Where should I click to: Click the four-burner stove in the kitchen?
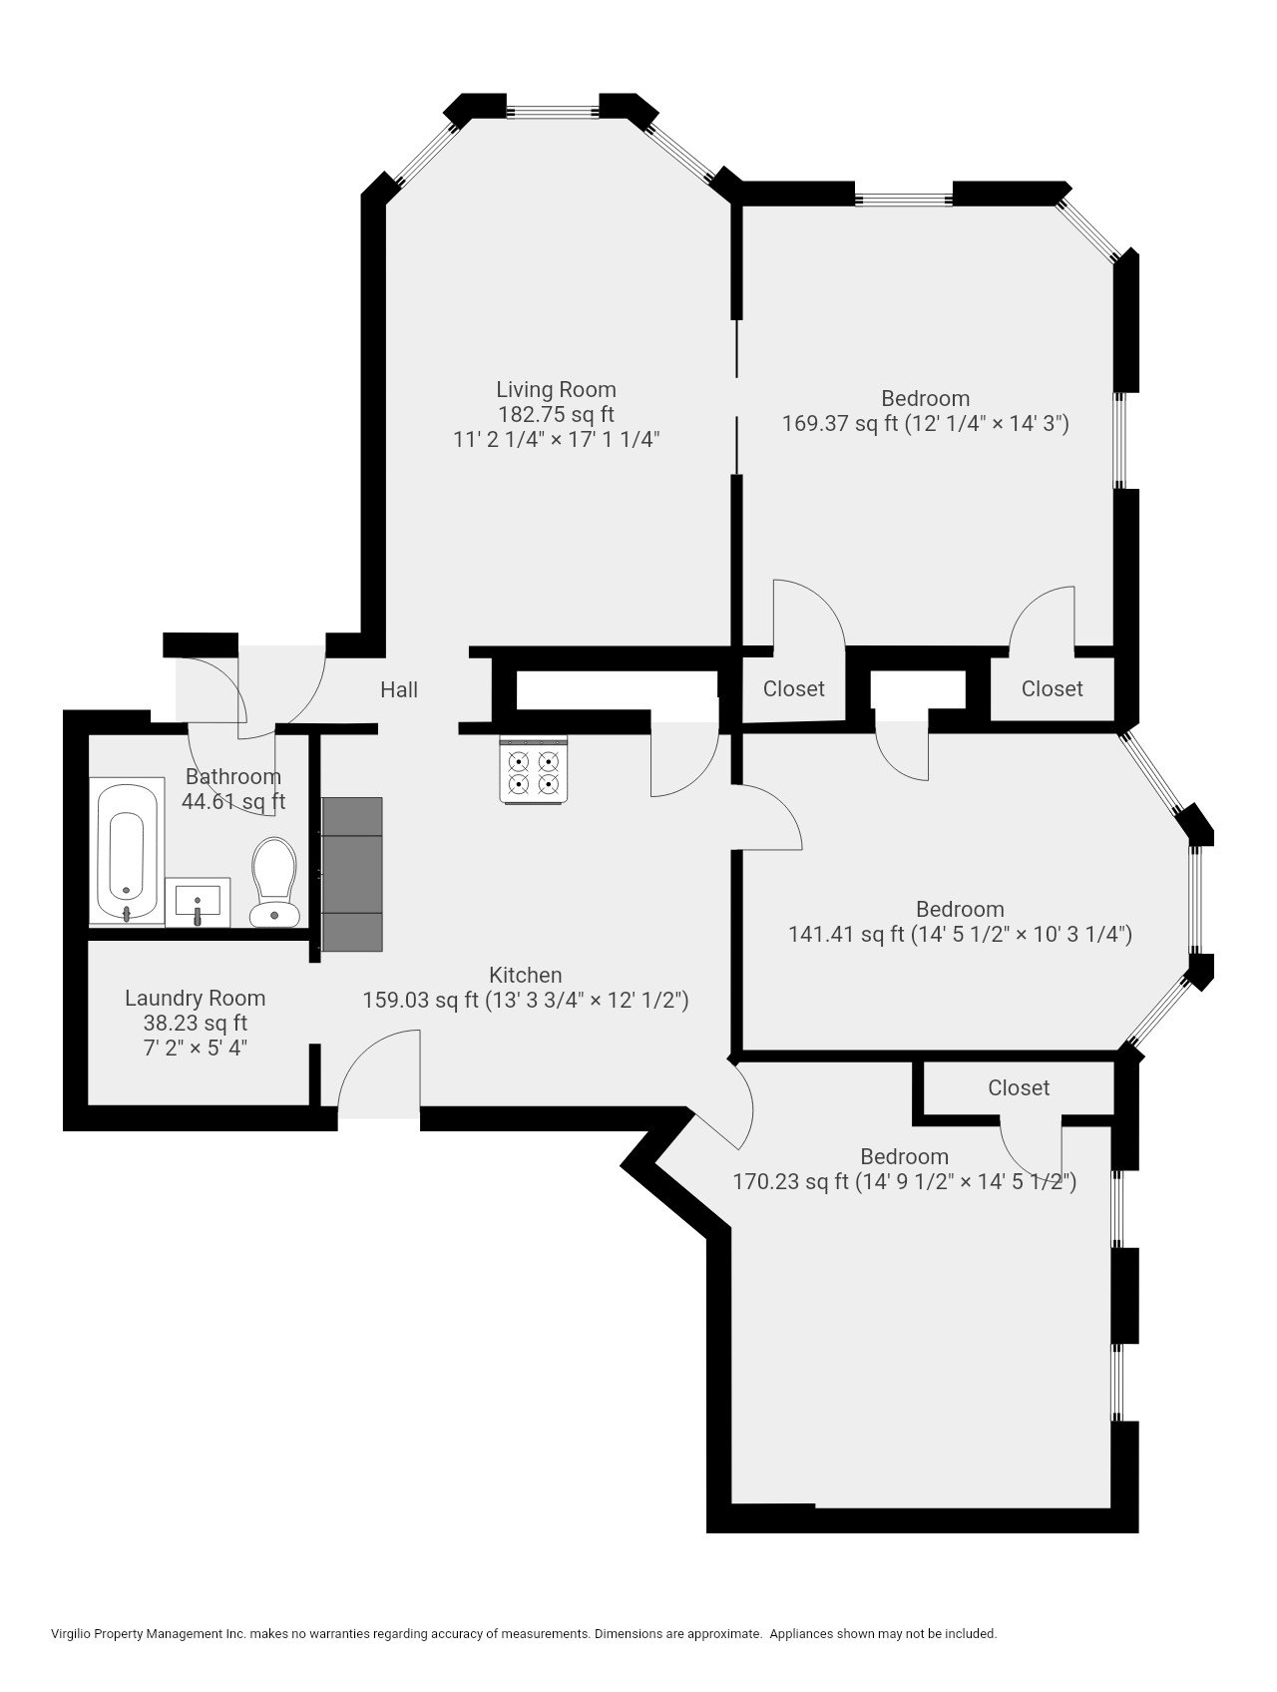[534, 770]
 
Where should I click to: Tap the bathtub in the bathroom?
[127, 851]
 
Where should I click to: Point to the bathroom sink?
[198, 902]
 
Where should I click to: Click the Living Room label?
[556, 389]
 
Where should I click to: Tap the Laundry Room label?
[195, 998]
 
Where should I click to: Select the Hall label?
[399, 689]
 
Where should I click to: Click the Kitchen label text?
[525, 975]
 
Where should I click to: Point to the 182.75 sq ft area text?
[556, 414]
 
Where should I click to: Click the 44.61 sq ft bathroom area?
[233, 801]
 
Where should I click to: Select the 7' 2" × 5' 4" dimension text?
[195, 1048]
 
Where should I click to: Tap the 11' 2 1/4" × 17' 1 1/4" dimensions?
[556, 439]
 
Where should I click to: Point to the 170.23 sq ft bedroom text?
[790, 1182]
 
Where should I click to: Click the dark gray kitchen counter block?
[352, 873]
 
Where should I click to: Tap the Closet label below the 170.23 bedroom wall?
[1019, 1087]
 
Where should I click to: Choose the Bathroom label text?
[233, 776]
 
